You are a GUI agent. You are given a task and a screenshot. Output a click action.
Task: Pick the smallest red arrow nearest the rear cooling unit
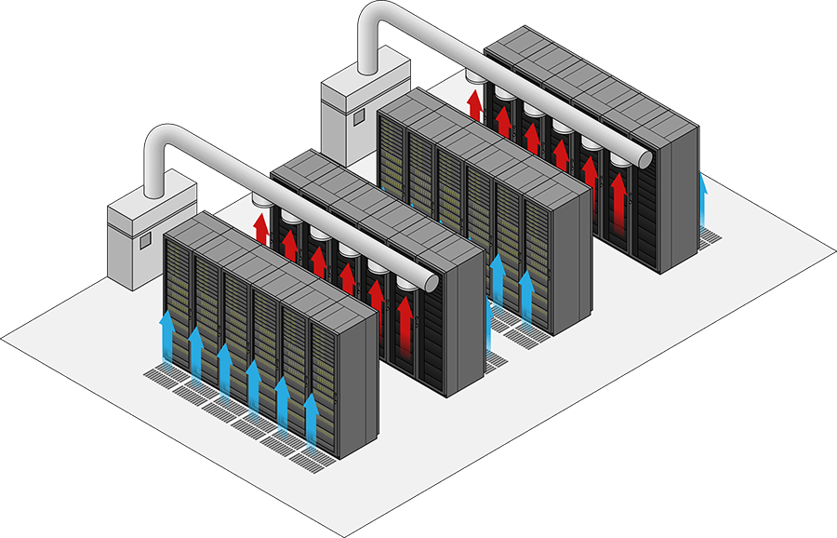[475, 102]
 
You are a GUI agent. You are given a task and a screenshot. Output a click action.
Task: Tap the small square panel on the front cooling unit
[145, 240]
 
